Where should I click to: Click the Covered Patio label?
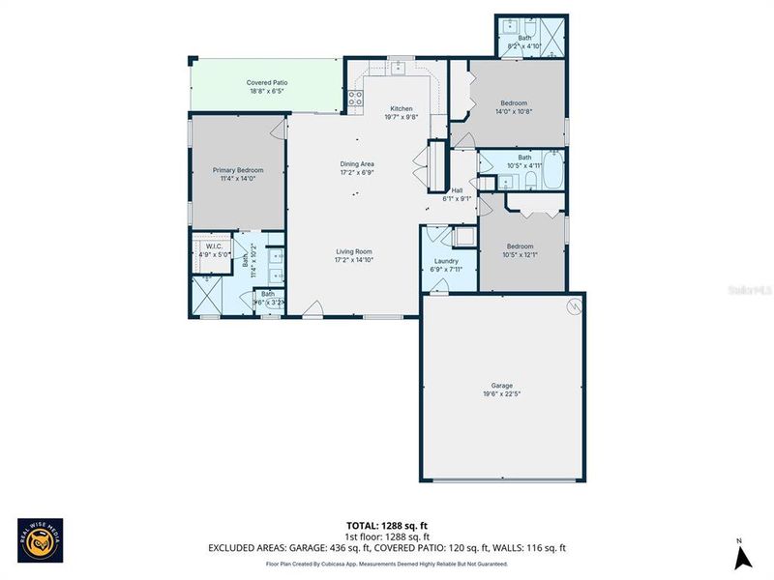click(266, 82)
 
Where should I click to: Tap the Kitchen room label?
click(402, 108)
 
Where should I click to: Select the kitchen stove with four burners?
click(355, 98)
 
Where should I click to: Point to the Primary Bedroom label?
click(237, 170)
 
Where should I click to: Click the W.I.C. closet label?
click(215, 246)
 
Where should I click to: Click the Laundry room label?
click(446, 261)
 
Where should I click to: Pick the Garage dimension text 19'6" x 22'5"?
click(502, 394)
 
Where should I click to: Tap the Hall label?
click(457, 190)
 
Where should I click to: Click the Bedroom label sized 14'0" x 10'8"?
click(514, 103)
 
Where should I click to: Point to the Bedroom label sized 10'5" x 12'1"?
click(520, 246)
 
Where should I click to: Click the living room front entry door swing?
click(313, 309)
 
